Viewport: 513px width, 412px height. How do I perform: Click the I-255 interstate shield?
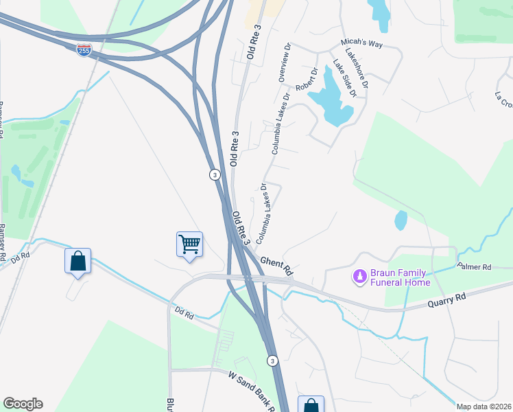tap(84, 50)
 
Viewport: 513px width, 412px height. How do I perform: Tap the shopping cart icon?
tap(189, 244)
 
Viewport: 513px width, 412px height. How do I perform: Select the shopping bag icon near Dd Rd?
tap(77, 261)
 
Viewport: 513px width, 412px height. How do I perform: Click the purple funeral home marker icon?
tap(358, 277)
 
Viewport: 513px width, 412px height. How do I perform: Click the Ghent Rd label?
tap(276, 263)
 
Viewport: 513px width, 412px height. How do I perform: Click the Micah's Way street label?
tap(361, 44)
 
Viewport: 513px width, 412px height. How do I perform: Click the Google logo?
tap(23, 404)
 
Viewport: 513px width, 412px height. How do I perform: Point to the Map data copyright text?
tap(484, 407)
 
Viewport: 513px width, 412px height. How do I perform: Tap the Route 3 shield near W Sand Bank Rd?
tap(272, 360)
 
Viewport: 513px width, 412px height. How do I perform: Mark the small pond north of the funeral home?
tap(401, 220)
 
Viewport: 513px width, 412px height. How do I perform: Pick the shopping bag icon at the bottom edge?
tap(311, 405)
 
